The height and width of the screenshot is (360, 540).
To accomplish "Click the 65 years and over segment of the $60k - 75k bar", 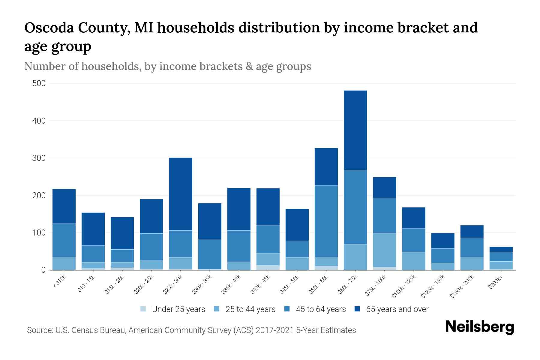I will pos(355,130).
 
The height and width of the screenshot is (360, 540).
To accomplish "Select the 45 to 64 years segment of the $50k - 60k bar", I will pos(326,221).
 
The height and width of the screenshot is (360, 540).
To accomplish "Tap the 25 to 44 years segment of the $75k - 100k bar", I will pos(384,250).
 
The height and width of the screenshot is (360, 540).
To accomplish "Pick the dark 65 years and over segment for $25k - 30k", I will pos(181,194).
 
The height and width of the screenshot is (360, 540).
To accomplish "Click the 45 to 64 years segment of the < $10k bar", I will pos(64,240).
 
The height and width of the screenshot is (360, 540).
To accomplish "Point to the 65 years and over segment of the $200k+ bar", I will pos(501,249).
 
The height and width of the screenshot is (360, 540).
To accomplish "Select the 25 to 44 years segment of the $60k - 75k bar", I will pos(355,257).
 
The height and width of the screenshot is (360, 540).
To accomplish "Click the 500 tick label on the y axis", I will pos(39,83).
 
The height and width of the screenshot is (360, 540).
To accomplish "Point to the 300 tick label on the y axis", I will pos(39,158).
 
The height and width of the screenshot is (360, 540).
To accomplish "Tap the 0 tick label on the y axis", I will pos(43,270).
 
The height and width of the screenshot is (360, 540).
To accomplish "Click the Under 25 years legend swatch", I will pos(143,309).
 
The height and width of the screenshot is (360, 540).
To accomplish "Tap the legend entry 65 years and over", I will pos(397,309).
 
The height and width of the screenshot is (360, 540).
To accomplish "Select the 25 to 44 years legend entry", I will pos(250,309).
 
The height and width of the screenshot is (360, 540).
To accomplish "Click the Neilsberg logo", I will pos(479,327).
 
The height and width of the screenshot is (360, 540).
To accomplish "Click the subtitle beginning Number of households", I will pos(167,66).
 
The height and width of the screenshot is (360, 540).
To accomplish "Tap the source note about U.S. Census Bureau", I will pos(191,330).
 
